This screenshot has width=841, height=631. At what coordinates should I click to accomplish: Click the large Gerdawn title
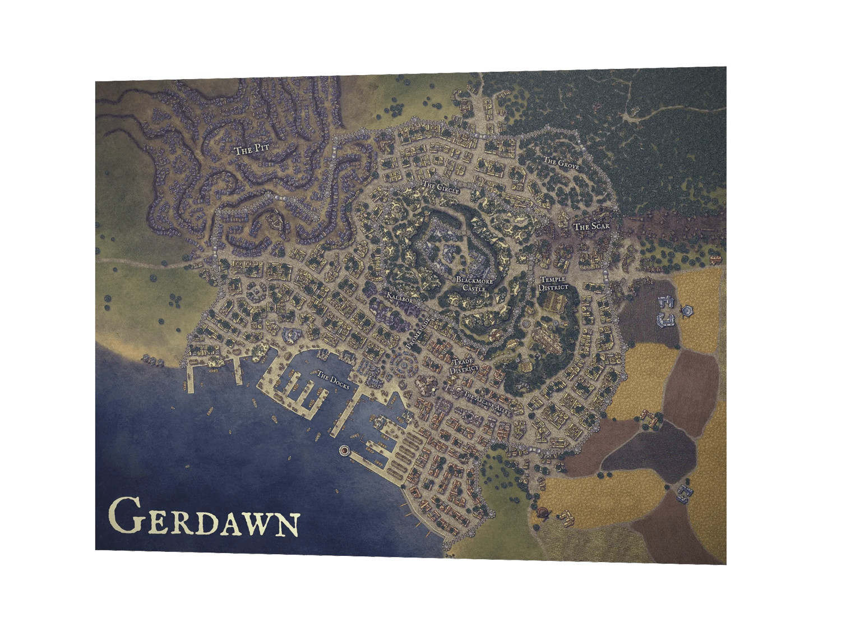(x=203, y=516)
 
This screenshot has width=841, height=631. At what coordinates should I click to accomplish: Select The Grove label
(x=561, y=164)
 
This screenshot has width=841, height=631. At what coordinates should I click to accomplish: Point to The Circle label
(x=441, y=187)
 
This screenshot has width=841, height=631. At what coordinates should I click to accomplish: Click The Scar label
(x=591, y=227)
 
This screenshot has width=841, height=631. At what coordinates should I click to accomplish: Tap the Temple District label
(x=553, y=283)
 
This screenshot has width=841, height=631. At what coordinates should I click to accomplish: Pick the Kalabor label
(x=400, y=297)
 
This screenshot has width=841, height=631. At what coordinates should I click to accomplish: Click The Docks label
(x=333, y=380)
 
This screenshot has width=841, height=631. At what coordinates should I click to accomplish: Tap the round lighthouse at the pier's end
(x=344, y=449)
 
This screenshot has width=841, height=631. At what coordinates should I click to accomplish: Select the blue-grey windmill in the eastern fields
(x=686, y=310)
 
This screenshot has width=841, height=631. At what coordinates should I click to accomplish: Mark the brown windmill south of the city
(x=543, y=512)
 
